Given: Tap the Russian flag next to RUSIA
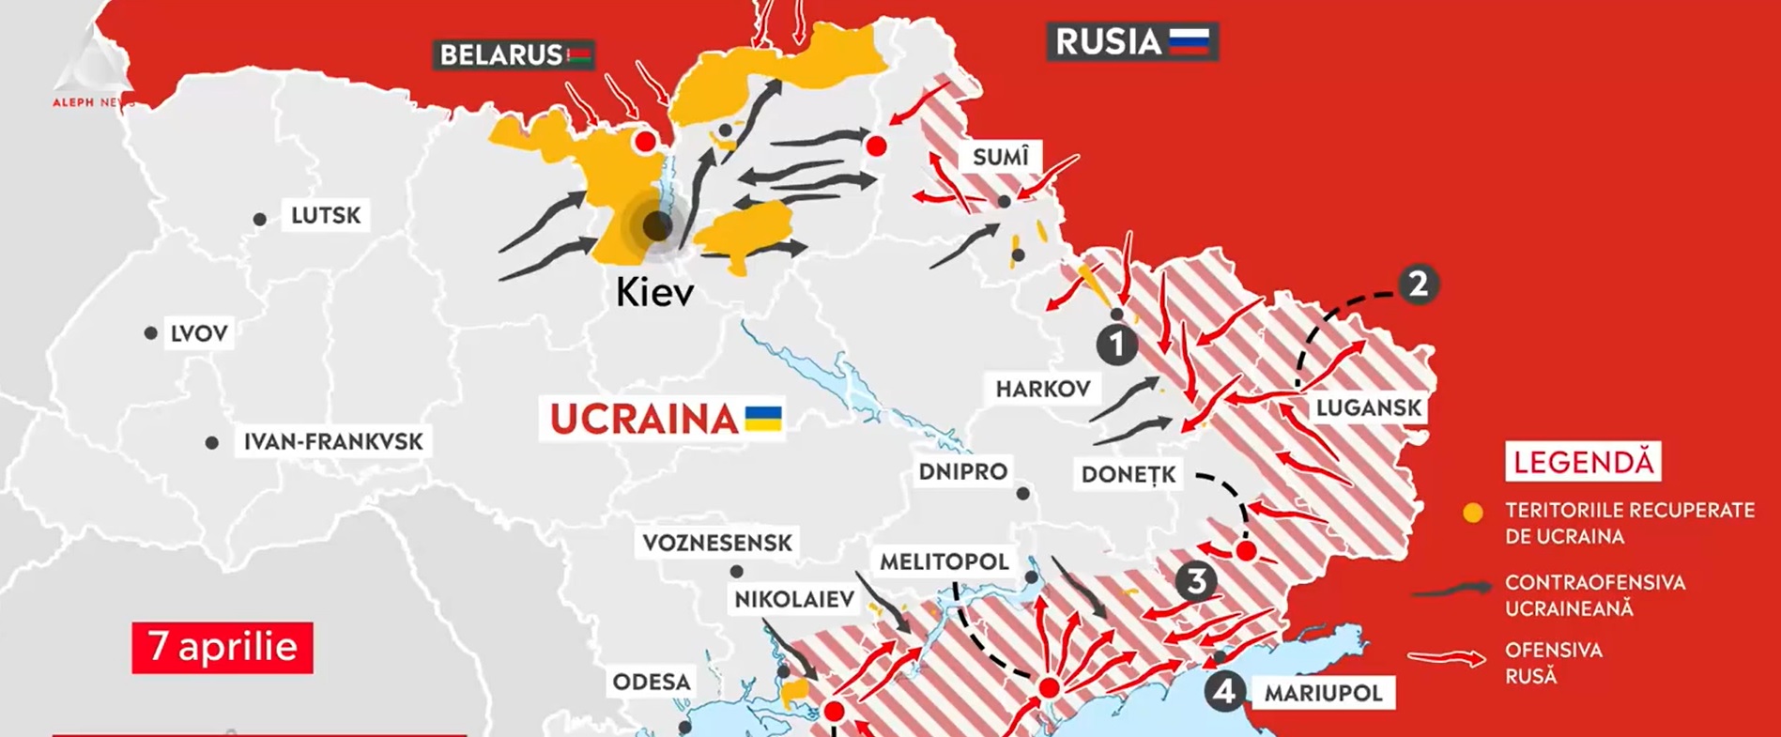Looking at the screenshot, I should [x=1189, y=42].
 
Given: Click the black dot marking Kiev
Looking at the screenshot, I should [x=656, y=225].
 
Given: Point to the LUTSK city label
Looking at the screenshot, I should [x=325, y=216].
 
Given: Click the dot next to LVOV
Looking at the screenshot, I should [x=150, y=333].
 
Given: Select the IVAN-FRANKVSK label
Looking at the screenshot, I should [x=332, y=441].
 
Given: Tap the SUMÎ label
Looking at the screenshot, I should [x=1000, y=157].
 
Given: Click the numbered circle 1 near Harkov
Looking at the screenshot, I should [x=1116, y=345].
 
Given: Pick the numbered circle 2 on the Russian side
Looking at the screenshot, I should [x=1418, y=284].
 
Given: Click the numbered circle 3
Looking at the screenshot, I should [x=1195, y=581].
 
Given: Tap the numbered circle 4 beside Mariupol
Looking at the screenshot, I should [x=1224, y=693].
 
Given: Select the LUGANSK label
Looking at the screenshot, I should [x=1368, y=407].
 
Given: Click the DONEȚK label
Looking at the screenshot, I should [x=1128, y=474].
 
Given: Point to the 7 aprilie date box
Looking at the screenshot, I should [x=223, y=647].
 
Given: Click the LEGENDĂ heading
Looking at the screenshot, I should [x=1583, y=462].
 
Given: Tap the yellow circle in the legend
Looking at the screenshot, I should [x=1473, y=513].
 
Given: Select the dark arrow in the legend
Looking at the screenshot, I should [x=1451, y=590].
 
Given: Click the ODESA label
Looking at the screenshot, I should [x=651, y=682].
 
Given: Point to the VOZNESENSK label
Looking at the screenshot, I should [x=717, y=543].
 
